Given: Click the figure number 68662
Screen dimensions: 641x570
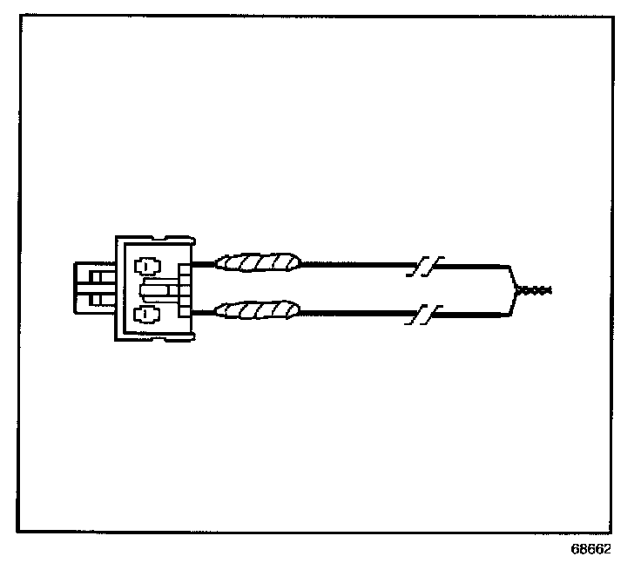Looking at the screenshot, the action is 591,551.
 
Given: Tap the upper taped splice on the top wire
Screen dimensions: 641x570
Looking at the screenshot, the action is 258,261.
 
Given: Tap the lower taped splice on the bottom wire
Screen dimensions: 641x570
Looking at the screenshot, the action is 258,309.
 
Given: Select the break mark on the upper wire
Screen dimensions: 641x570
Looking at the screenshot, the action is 425,265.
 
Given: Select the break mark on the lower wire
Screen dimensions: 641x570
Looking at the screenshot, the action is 425,313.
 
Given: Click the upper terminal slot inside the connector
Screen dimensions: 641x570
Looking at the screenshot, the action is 145,264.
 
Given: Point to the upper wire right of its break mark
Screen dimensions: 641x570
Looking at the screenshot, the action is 470,264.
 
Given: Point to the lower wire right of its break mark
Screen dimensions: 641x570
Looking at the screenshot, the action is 470,312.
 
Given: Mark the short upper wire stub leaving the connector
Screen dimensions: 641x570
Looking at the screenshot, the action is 203,262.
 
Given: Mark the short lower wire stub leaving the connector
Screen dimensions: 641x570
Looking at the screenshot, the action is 203,311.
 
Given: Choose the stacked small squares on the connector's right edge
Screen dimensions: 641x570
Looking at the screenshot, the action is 183,288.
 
